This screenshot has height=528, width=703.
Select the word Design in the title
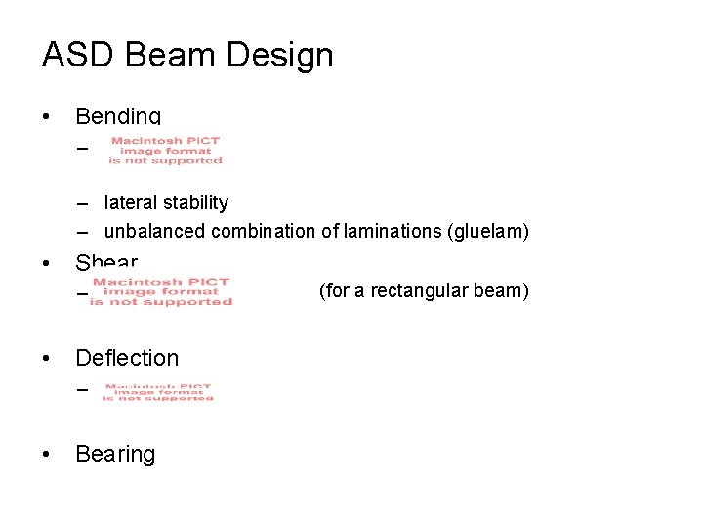(x=284, y=55)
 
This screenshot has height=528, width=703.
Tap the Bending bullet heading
(x=118, y=116)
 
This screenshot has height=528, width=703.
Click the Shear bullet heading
(x=106, y=262)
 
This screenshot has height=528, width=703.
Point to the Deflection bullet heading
(x=127, y=358)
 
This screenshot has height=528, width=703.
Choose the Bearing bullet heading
(x=115, y=454)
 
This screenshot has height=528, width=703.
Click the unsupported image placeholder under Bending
(x=165, y=151)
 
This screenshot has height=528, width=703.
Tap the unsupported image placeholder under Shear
(x=161, y=291)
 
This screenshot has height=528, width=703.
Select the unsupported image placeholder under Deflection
(x=158, y=391)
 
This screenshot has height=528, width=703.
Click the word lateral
(x=128, y=203)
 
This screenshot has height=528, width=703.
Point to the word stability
(x=192, y=203)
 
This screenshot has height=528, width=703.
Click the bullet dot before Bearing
(x=47, y=455)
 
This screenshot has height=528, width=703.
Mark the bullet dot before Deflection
(x=47, y=359)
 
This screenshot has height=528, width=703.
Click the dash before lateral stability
(x=85, y=203)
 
